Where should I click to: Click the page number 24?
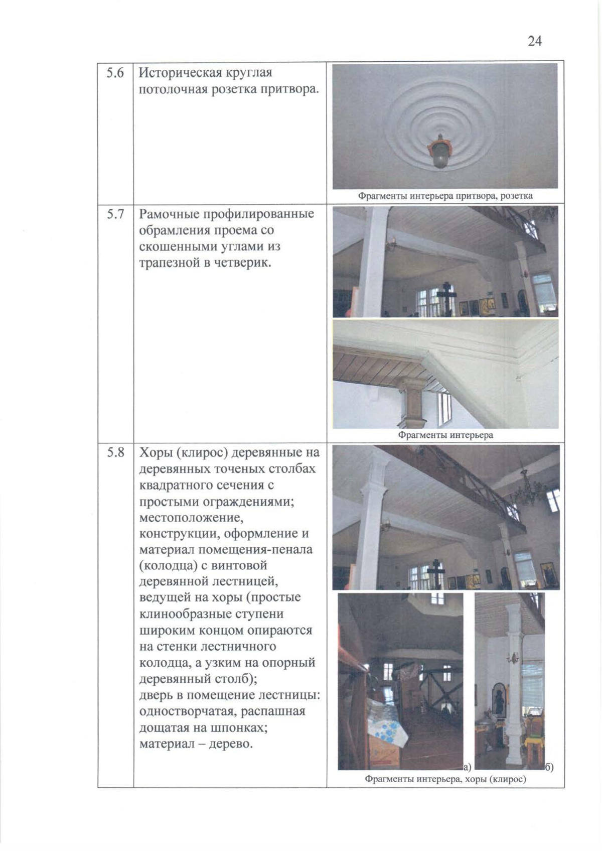point(534,41)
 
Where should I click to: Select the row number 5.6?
point(115,73)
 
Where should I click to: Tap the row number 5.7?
point(115,214)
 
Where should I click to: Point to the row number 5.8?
point(115,453)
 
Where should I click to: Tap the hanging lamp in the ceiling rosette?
point(440,153)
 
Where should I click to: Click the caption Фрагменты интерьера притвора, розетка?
point(445,196)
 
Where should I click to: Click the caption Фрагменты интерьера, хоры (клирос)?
point(445,779)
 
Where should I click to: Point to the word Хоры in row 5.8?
point(155,453)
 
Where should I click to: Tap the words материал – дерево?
point(196,744)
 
